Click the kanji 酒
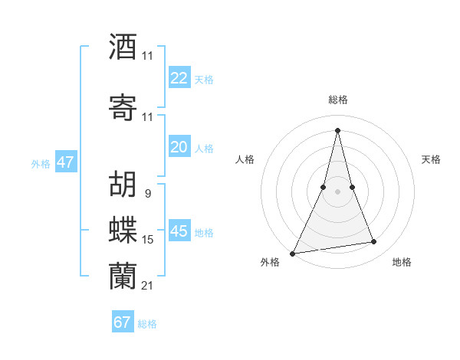tap(123, 46)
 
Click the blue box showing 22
tap(179, 78)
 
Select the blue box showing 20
tap(179, 147)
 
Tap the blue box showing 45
tap(179, 231)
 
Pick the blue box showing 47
tap(65, 162)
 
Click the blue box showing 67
tap(123, 322)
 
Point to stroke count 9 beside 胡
tap(147, 194)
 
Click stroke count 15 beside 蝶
tap(148, 240)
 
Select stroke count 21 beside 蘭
tap(147, 286)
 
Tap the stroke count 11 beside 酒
tap(147, 56)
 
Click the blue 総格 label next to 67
tap(147, 324)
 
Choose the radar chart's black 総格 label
tap(337, 100)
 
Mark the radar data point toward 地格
tap(374, 242)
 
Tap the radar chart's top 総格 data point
tap(337, 129)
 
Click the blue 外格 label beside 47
tap(41, 163)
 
